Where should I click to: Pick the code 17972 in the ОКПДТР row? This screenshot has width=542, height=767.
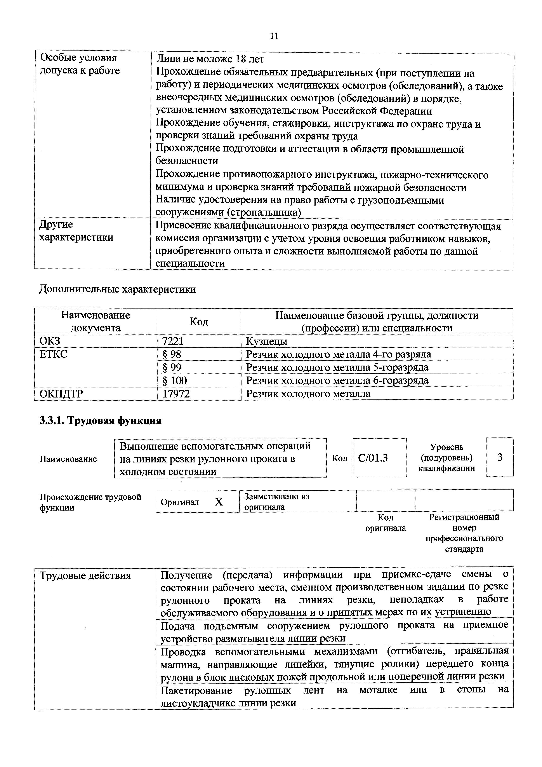coord(176,394)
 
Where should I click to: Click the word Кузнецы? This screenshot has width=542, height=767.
coord(266,341)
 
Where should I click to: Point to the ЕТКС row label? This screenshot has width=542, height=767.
coord(53,354)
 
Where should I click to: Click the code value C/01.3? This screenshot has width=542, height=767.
coord(373,458)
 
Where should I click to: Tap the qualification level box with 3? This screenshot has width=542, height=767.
coord(500,457)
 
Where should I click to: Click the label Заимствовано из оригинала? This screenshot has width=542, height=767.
coord(276,501)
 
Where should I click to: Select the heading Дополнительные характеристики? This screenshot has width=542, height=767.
coord(118,289)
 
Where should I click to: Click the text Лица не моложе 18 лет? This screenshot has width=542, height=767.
coord(210,59)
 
